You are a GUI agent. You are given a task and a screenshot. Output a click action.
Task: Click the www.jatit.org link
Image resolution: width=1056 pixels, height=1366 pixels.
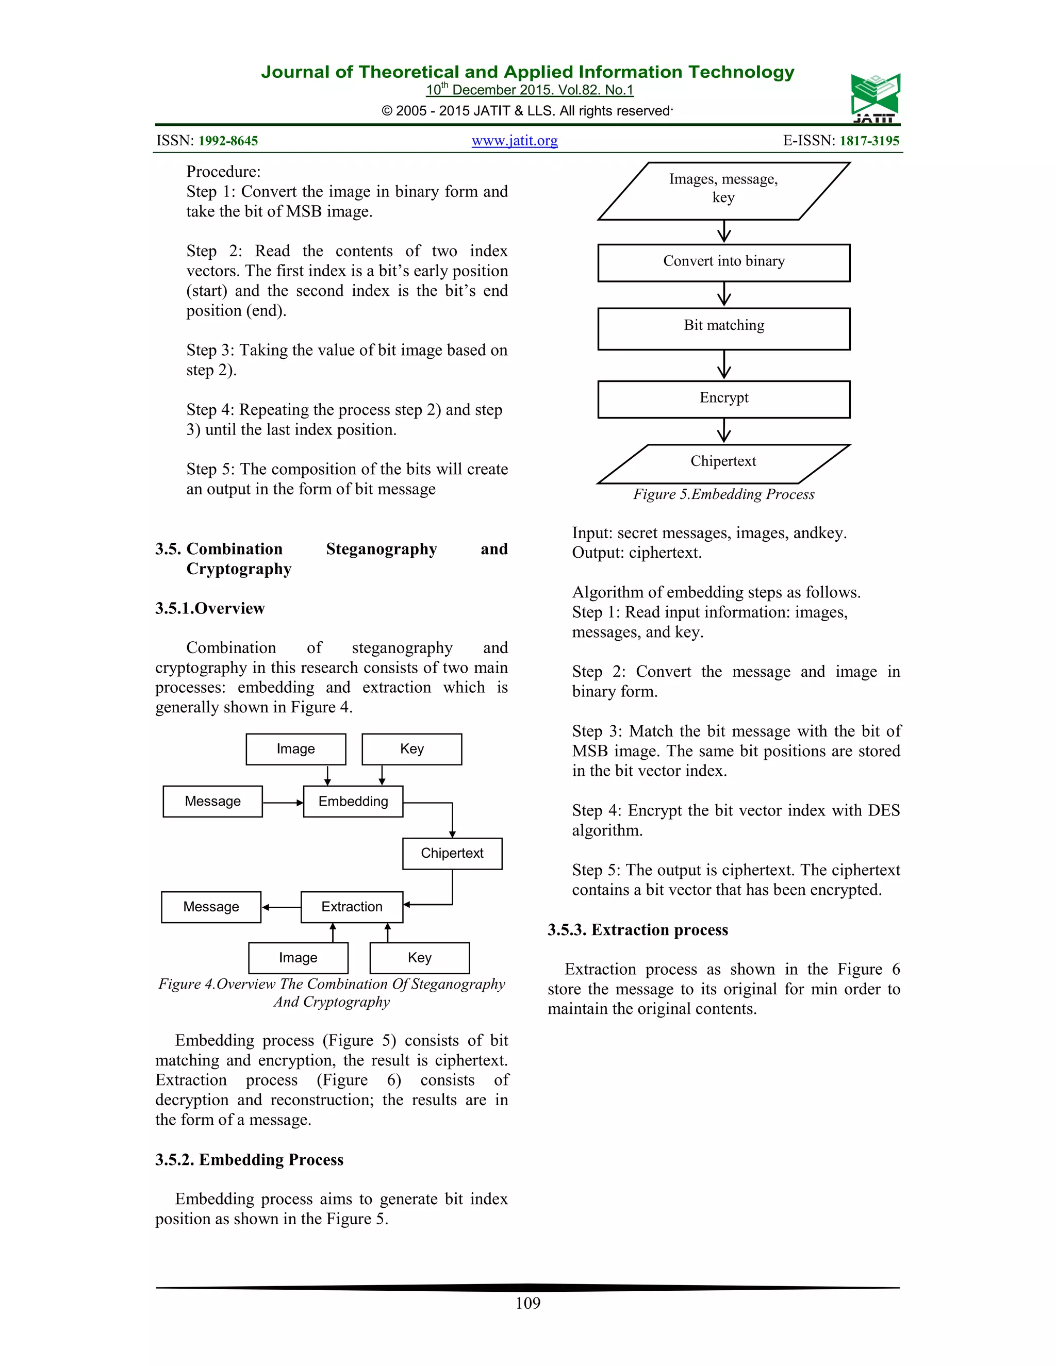tap(514, 141)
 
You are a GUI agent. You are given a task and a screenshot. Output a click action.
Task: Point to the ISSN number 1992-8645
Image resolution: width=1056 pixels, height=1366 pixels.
tap(228, 141)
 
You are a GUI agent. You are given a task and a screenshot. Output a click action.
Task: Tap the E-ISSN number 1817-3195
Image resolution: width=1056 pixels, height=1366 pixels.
tap(869, 141)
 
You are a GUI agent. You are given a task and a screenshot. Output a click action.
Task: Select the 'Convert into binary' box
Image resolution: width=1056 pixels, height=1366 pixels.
tap(723, 263)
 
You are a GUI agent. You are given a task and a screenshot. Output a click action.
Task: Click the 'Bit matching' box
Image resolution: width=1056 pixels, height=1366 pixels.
tap(723, 328)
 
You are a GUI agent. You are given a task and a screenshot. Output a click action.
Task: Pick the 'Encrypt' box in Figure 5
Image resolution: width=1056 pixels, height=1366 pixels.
tap(723, 399)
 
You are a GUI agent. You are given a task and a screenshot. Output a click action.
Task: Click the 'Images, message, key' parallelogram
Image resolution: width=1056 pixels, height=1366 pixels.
tap(723, 191)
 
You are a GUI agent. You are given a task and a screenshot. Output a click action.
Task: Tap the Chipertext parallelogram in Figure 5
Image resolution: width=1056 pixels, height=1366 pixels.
tap(723, 463)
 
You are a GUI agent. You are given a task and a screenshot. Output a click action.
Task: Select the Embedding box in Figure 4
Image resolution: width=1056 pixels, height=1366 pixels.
tap(353, 801)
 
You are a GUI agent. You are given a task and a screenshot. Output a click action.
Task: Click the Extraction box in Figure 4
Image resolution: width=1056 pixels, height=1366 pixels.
tap(352, 907)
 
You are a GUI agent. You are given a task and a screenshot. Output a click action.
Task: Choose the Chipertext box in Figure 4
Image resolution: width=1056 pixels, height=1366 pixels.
tap(452, 853)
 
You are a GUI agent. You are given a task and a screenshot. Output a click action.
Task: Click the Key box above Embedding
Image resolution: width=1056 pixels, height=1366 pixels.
tap(411, 748)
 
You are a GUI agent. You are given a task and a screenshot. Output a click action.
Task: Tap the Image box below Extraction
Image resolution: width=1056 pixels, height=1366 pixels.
tap(298, 958)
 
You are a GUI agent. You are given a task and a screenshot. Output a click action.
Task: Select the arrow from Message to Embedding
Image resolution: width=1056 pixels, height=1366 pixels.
tap(283, 803)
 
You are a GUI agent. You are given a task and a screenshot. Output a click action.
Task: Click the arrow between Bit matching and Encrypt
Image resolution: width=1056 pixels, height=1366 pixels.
tap(724, 364)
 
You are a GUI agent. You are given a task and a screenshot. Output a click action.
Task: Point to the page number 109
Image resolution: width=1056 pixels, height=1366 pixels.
tap(527, 1303)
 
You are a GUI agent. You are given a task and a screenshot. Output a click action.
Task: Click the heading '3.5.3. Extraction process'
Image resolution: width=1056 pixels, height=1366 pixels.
tap(637, 929)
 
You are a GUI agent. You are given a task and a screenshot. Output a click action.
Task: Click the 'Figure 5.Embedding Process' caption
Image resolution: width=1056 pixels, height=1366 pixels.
tap(723, 494)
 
